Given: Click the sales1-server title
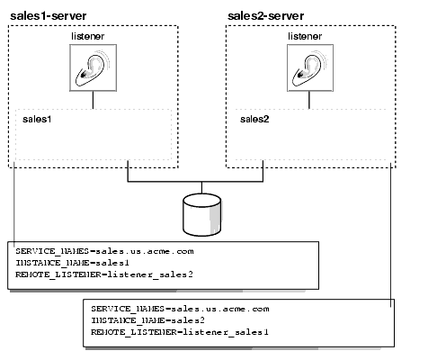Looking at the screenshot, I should tap(48, 15).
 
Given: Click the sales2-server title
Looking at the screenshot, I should tap(264, 15).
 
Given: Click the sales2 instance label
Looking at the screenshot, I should tap(256, 118).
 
